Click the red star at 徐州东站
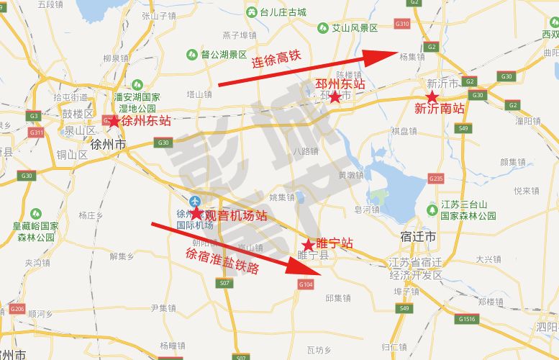114,121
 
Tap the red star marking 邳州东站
335,97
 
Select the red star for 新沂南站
431,96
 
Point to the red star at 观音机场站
196,214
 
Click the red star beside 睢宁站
308,245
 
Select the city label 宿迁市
418,236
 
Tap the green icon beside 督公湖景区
191,54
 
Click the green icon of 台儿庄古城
251,12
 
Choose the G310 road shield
402,24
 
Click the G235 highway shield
435,178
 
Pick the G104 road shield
306,285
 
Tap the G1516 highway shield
467,318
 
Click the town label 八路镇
306,151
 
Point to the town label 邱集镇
337,298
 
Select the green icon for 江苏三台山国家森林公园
432,210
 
